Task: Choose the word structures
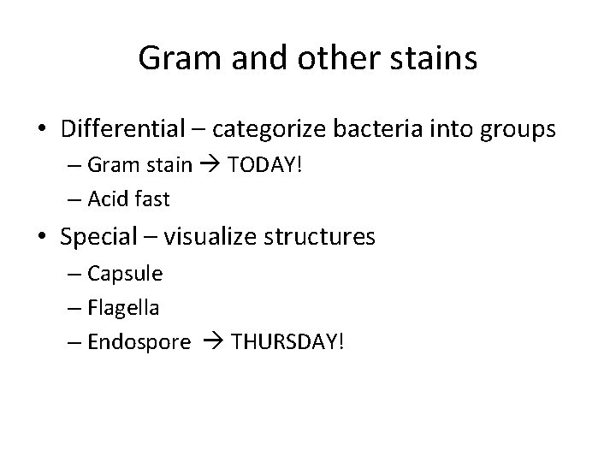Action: pyautogui.click(x=327, y=236)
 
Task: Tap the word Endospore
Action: pyautogui.click(x=139, y=341)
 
